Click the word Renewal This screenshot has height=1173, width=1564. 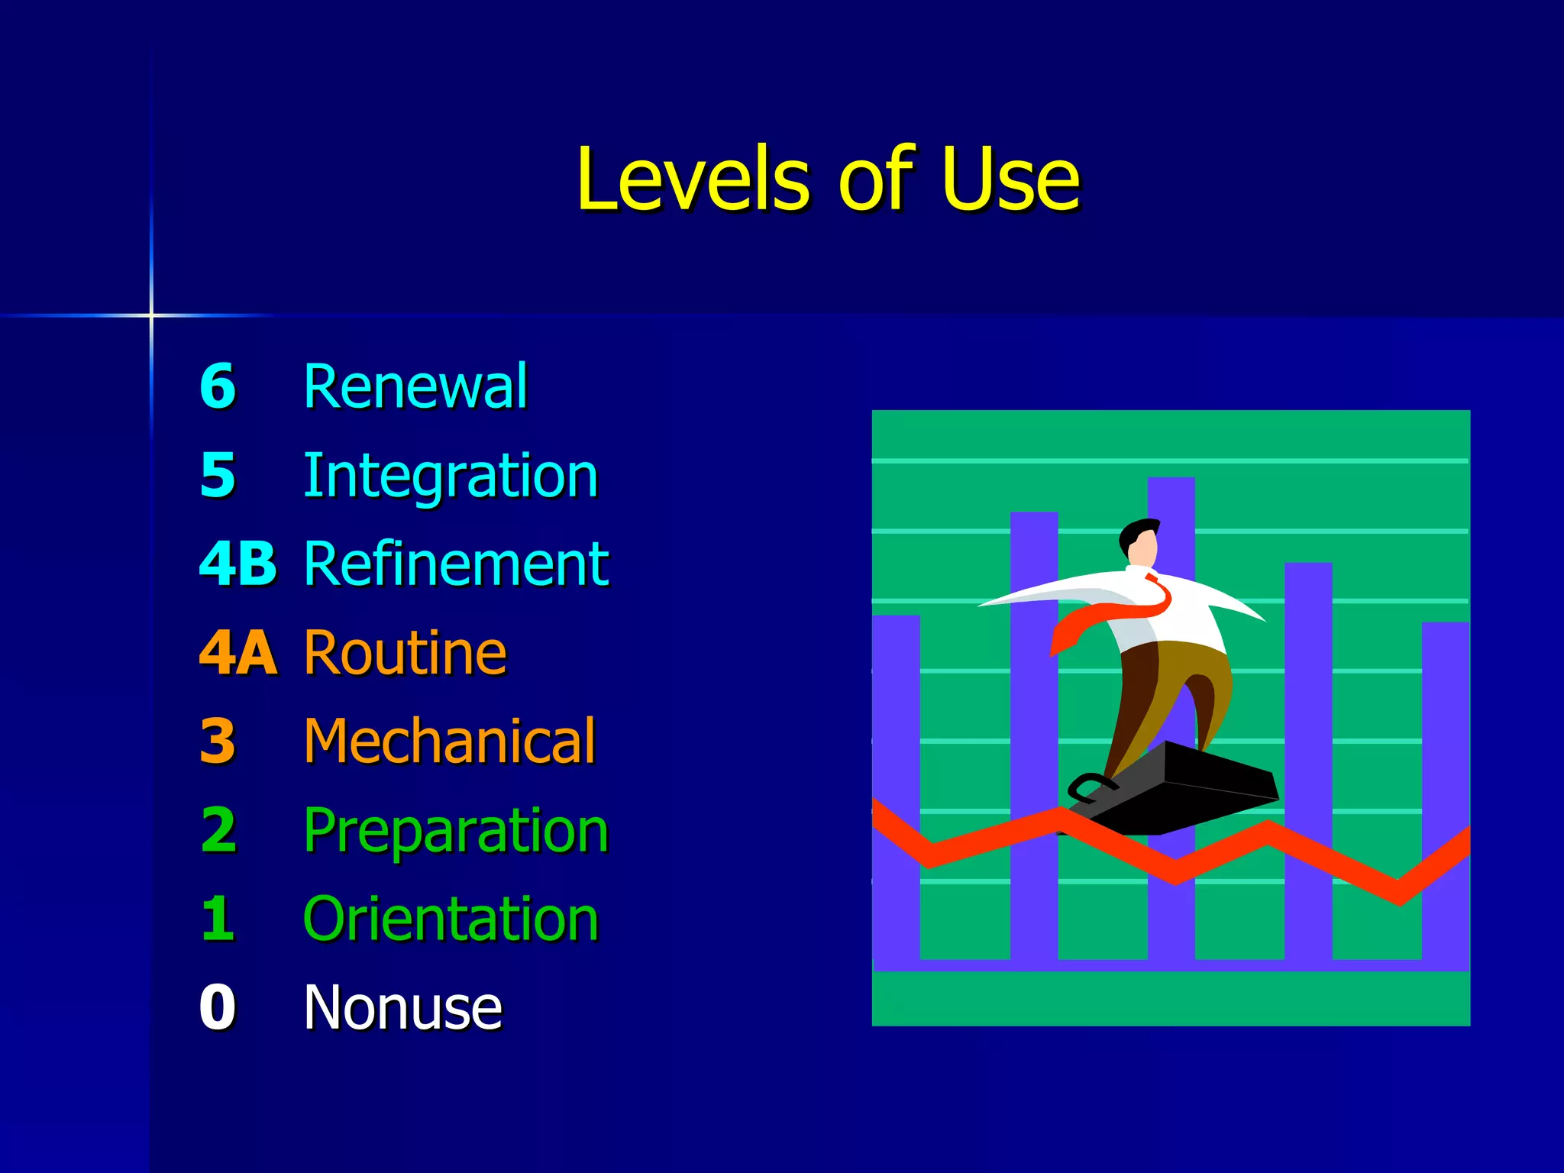click(415, 386)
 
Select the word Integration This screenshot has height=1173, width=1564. click(450, 476)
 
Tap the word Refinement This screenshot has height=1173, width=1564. click(456, 564)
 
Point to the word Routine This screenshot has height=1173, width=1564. click(405, 653)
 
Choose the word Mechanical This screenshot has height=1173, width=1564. click(449, 741)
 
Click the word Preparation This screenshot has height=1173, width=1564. click(455, 830)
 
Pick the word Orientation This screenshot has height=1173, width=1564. click(451, 919)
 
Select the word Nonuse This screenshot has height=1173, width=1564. click(402, 1007)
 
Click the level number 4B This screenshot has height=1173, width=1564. click(238, 564)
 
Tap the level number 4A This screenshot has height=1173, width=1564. click(238, 653)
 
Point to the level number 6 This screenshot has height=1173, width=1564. click(218, 386)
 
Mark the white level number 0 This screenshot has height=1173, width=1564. click(218, 1007)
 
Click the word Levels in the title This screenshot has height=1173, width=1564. click(692, 179)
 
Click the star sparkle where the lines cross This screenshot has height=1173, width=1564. click(151, 315)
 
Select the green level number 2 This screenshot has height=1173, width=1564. click(218, 830)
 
